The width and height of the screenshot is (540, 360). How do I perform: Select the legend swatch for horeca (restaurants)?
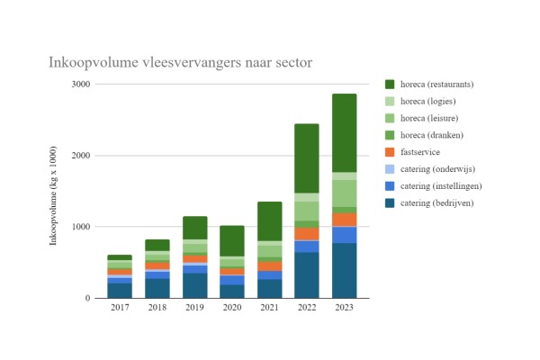tap(391, 85)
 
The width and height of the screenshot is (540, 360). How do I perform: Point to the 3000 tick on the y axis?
tap(80, 85)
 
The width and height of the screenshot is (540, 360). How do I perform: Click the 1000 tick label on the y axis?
tap(80, 227)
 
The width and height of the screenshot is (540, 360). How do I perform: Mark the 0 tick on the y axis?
tap(86, 298)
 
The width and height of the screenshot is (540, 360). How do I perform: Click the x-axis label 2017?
tap(120, 309)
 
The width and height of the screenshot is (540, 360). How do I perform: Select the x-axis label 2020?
tap(232, 309)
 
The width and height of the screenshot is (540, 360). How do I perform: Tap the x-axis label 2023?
tap(344, 309)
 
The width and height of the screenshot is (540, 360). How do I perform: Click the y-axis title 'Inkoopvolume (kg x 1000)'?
tap(54, 191)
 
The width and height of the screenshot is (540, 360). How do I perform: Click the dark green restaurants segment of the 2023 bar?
tap(344, 132)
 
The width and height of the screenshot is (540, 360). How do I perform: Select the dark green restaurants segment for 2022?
tap(306, 158)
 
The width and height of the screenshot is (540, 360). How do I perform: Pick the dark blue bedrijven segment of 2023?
tap(344, 270)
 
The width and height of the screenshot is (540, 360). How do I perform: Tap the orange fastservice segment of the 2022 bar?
tap(306, 234)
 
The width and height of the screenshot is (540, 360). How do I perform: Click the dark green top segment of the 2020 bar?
tap(232, 240)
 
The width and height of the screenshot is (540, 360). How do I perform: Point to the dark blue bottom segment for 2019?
tap(194, 285)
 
